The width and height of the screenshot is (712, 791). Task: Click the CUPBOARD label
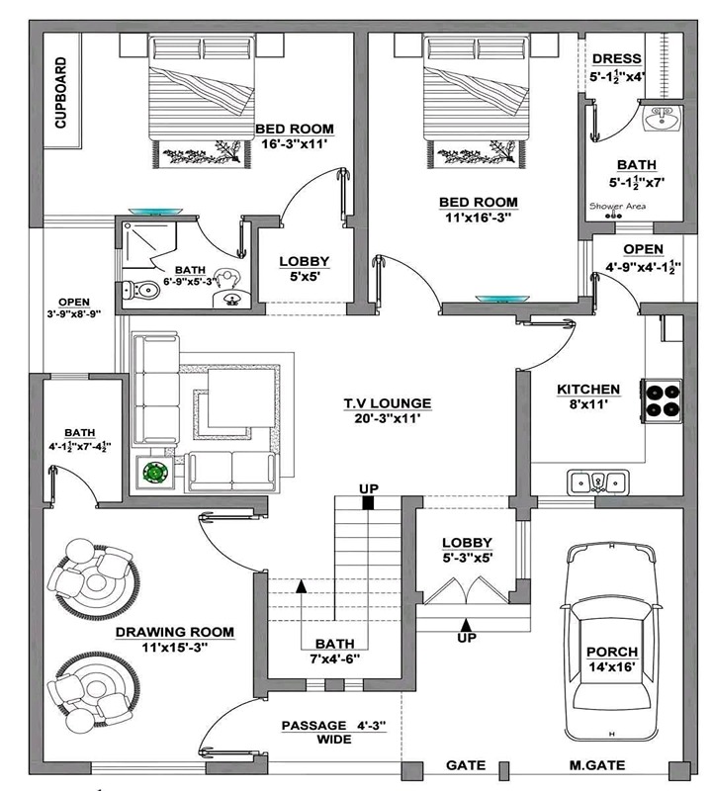60,92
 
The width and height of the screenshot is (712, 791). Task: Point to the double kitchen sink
598,483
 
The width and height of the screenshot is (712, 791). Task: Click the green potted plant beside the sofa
155,473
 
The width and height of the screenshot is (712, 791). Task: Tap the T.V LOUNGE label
388,403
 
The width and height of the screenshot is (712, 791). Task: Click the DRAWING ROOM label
175,632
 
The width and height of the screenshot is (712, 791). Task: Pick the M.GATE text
597,765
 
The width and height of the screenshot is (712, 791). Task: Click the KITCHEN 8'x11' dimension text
588,404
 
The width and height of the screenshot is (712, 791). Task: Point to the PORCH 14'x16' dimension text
611,666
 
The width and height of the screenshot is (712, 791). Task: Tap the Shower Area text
617,206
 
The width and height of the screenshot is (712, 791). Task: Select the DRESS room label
617,59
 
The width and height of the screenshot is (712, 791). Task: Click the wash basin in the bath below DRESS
662,119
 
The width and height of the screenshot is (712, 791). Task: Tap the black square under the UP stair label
369,502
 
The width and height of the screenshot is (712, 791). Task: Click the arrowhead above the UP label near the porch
467,624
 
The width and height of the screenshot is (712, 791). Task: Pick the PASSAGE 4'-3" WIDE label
334,733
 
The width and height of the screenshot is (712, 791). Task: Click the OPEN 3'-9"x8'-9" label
74,308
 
